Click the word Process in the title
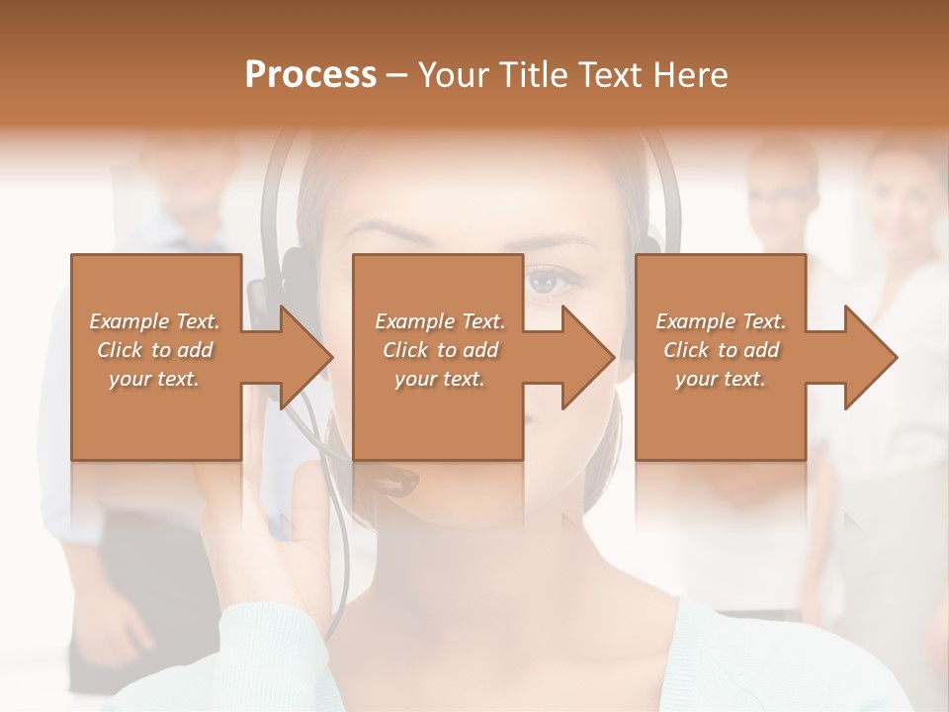(310, 75)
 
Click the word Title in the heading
(533, 75)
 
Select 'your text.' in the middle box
(439, 378)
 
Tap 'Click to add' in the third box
(721, 349)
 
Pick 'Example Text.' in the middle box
(439, 320)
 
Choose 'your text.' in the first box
(153, 378)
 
